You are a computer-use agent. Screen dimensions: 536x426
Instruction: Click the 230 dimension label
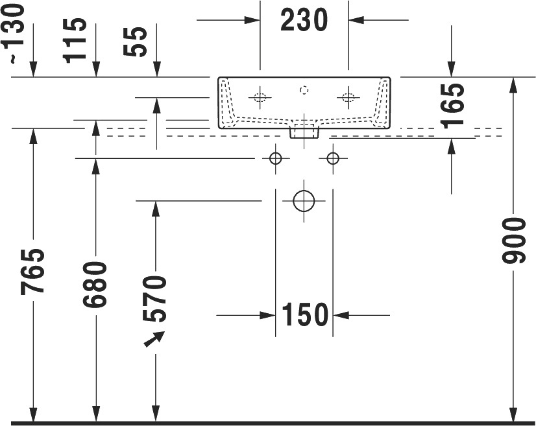click(x=304, y=21)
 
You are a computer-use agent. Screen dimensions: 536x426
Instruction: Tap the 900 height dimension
click(x=513, y=241)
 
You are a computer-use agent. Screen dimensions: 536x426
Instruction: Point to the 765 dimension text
click(x=32, y=272)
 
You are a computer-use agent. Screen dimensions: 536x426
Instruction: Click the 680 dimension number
click(x=95, y=284)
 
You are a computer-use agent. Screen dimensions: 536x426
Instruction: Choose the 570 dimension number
click(x=155, y=299)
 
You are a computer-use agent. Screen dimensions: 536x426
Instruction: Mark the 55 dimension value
click(x=135, y=41)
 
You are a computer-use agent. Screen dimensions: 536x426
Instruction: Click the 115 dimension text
click(x=75, y=40)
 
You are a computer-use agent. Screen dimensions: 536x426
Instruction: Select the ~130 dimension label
click(x=13, y=33)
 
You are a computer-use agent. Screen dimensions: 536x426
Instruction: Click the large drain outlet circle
click(x=304, y=201)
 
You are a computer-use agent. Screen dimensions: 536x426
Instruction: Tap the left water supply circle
click(x=275, y=158)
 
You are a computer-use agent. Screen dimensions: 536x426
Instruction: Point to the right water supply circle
click(x=333, y=158)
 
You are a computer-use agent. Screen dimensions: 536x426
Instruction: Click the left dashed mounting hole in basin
click(x=260, y=98)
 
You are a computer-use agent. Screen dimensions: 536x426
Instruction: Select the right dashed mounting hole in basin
click(x=348, y=98)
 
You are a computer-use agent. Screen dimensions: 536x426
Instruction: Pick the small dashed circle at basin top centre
click(x=304, y=90)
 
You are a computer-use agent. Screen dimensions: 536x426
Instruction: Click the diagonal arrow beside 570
click(x=154, y=339)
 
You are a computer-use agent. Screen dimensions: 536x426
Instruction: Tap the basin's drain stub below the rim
click(x=304, y=132)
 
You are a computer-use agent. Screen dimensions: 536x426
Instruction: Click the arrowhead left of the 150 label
click(x=267, y=315)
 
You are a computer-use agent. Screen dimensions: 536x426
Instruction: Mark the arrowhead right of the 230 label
click(x=356, y=20)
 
